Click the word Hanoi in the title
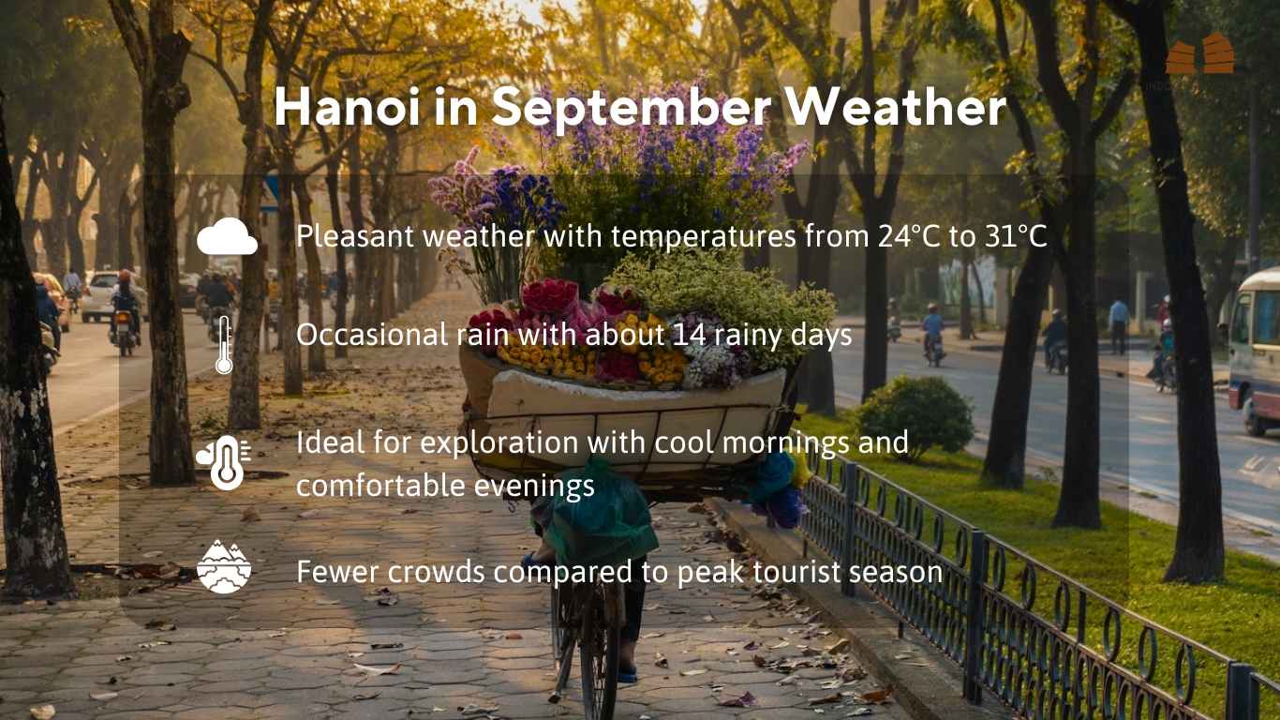point(348,107)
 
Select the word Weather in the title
point(896,107)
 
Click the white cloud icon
point(227,236)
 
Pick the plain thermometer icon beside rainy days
point(224,345)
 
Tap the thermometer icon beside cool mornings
point(224,462)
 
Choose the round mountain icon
point(224,567)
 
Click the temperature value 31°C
point(1016,236)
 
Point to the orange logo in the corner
point(1200,53)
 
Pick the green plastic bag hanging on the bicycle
point(600,512)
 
